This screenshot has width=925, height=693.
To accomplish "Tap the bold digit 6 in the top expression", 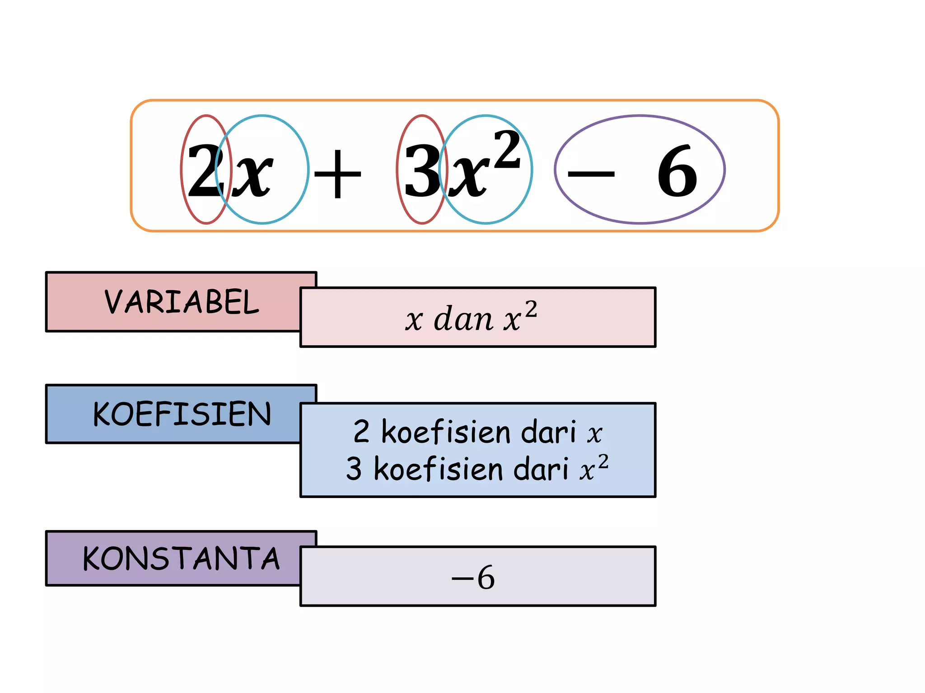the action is point(677,171).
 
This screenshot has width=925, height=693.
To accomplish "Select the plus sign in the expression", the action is point(337,173).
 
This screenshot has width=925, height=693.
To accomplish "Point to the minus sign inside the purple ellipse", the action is point(591,174).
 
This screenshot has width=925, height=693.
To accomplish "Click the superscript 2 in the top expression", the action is point(507,149).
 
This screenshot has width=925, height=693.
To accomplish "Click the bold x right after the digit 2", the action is point(252,176).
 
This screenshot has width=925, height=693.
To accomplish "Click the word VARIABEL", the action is point(182,302).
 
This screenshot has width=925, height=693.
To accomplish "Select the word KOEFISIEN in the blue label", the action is point(182,414).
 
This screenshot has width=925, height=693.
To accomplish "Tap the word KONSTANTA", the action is point(181,559).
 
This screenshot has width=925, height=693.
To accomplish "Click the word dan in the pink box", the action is point(463,319).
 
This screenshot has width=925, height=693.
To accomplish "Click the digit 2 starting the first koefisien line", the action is point(361,431).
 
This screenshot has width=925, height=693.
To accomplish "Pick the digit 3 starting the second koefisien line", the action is point(354,468).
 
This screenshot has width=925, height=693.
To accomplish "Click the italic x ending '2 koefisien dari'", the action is point(595,434).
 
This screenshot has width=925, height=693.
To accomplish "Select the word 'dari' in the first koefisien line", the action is point(549,431).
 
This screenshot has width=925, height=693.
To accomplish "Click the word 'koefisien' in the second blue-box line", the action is point(439,468).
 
